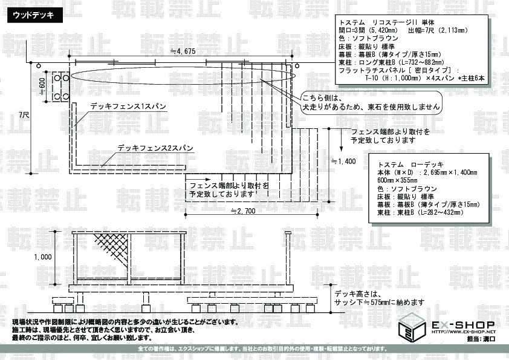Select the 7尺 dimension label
coord(24,114)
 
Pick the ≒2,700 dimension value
coord(244,211)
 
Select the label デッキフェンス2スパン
coord(155,148)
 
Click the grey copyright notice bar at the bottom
coord(254,351)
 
